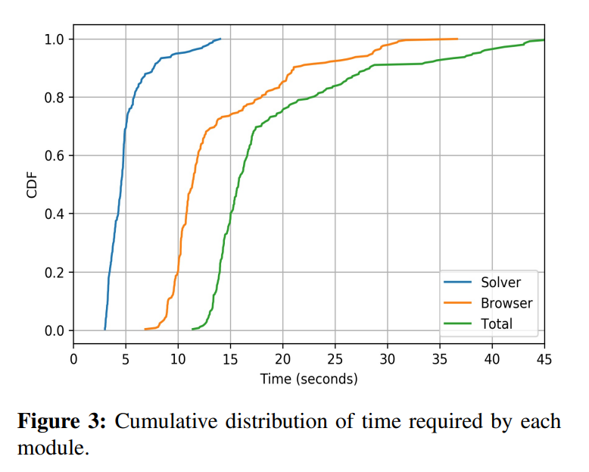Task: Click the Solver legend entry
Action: (500, 283)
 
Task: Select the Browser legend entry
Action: (506, 303)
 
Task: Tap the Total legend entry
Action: (496, 324)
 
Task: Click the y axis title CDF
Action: (32, 185)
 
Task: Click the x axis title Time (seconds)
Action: (308, 378)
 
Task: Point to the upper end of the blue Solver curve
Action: (220, 39)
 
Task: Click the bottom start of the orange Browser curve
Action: (145, 329)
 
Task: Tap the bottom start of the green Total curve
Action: (193, 329)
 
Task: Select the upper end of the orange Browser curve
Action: (457, 39)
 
